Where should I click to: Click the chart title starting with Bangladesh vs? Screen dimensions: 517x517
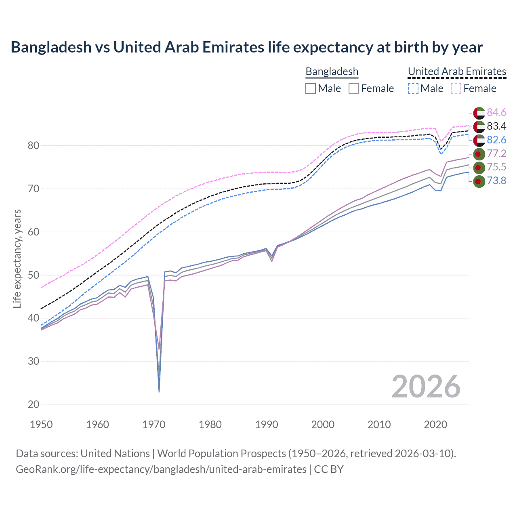246,47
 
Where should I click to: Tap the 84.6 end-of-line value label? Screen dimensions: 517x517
496,112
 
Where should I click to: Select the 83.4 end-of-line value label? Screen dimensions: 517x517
496,126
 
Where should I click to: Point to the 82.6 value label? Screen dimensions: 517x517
496,140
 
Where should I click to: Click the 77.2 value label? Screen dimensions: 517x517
496,153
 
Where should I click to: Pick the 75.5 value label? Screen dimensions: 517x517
496,167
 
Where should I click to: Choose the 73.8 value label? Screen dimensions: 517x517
496,181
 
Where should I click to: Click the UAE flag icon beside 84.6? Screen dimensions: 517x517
479,113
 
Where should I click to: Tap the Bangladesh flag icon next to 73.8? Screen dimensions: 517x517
479,181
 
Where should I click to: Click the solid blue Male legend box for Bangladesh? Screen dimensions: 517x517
310,88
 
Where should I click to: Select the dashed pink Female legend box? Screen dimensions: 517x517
456,88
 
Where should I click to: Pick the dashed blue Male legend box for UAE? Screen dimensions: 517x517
413,88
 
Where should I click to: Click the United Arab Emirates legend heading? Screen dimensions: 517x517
457,71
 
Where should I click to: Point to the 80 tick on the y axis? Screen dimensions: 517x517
33,145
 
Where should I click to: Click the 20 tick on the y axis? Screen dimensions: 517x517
33,404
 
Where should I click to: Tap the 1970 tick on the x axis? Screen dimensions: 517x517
154,425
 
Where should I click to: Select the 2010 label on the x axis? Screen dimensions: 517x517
379,425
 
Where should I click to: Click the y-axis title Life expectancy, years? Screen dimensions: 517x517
17,258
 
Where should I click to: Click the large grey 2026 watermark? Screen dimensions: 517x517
426,387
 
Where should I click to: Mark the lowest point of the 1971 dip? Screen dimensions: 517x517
159,391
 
